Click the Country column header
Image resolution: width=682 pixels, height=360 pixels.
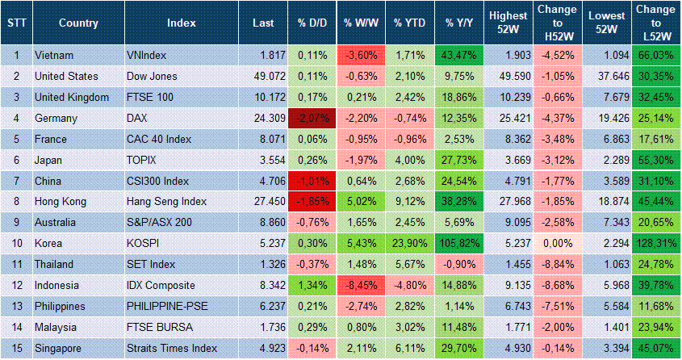(x=78, y=23)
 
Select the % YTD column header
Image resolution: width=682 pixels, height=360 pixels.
(x=409, y=23)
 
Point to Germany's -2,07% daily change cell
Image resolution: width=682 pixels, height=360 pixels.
(x=312, y=118)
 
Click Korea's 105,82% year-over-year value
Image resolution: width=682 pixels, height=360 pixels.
(x=458, y=244)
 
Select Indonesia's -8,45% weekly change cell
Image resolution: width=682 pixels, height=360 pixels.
(x=361, y=286)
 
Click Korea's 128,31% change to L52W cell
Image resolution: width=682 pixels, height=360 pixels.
(x=655, y=244)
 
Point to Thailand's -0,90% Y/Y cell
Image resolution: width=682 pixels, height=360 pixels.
(x=458, y=265)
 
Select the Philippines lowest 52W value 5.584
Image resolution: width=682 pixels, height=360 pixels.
(x=606, y=307)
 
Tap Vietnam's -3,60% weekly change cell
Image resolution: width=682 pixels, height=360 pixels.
(x=361, y=55)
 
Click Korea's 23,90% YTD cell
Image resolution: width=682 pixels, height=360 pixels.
(x=409, y=244)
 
